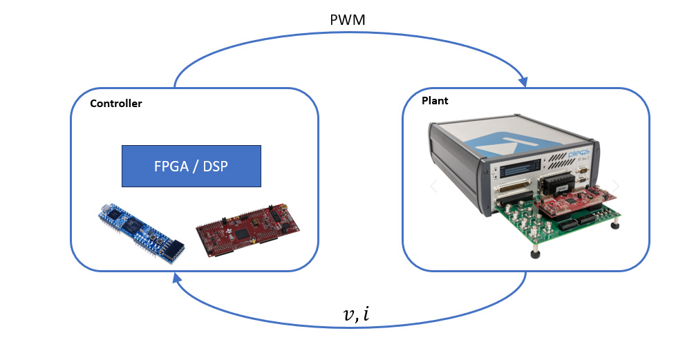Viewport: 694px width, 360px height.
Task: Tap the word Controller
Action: [116, 104]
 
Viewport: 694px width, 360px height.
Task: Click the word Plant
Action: [435, 101]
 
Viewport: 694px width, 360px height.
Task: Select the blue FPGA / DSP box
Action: [191, 166]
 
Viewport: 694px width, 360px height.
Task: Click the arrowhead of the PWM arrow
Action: [523, 82]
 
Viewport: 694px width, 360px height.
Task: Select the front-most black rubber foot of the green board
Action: [535, 254]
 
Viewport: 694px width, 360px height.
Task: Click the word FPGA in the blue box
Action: [169, 166]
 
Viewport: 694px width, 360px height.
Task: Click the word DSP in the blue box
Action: [216, 166]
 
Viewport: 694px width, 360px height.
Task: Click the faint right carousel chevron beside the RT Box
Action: [616, 187]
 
